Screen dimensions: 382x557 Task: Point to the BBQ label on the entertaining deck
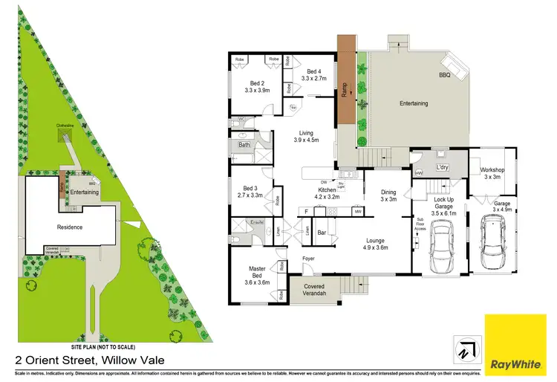tap(445, 75)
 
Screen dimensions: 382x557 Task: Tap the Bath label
tap(244, 145)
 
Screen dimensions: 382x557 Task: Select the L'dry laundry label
tap(443, 167)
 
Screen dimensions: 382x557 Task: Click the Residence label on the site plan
tap(71, 227)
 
